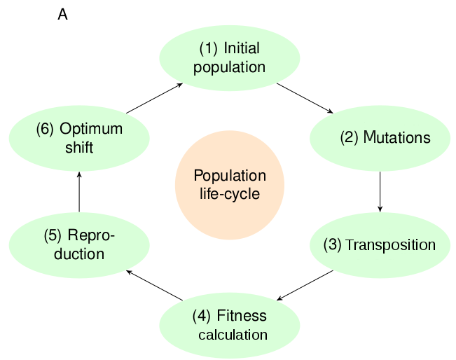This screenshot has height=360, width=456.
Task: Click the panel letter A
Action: (62, 15)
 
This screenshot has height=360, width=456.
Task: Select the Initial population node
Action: (230, 58)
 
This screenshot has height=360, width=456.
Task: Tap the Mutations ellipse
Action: (380, 137)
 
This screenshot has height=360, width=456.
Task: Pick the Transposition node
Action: (380, 245)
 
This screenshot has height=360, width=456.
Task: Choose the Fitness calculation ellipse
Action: (230, 324)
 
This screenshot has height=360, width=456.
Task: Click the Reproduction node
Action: (79, 244)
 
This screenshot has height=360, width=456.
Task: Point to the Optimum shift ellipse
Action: (79, 138)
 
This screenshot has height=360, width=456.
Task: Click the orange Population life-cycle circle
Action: (230, 185)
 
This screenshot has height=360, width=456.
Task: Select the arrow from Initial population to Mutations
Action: (305, 97)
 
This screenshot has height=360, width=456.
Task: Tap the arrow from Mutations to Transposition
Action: (380, 191)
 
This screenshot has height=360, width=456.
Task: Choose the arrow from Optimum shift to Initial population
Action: (154, 98)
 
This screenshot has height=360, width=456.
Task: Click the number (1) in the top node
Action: (209, 49)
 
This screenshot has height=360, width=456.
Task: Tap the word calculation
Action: (233, 335)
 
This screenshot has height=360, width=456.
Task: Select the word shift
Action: (77, 148)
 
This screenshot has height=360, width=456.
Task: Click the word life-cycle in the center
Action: (230, 194)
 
